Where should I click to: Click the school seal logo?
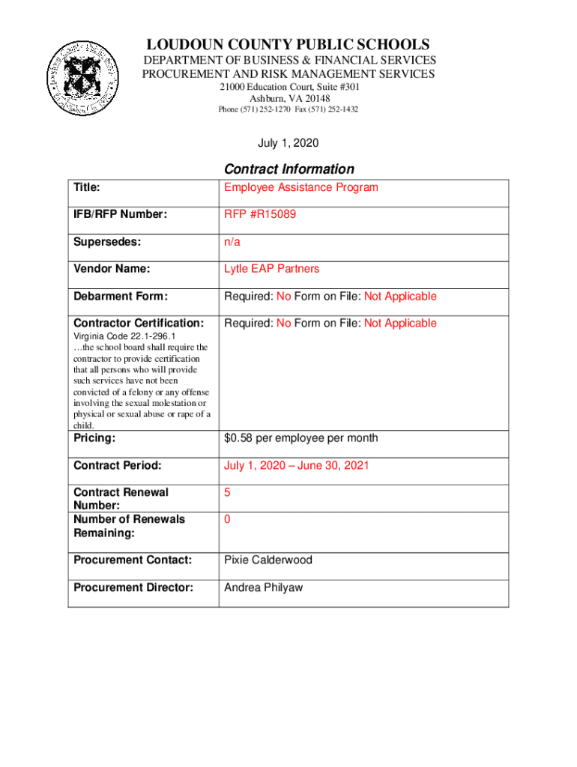pos(80,78)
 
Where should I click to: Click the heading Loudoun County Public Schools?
pos(288,45)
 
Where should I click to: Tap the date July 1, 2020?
pos(288,142)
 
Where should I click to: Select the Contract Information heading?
pos(288,169)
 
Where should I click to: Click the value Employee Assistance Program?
pos(300,187)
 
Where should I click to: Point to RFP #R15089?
pos(260,214)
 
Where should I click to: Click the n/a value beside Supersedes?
pos(232,242)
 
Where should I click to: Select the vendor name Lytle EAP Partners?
pos(271,269)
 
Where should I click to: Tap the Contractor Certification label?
pos(139,323)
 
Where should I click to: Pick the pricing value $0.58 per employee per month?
pos(300,438)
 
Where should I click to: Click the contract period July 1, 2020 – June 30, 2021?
pos(296,465)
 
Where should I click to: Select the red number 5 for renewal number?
pos(227,492)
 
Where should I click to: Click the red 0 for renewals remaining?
pos(227,519)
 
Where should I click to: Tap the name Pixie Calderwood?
pos(268,560)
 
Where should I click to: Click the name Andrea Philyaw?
pos(263,587)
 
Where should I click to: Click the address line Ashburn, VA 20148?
pos(288,98)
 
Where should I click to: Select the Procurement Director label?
pos(133,587)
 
